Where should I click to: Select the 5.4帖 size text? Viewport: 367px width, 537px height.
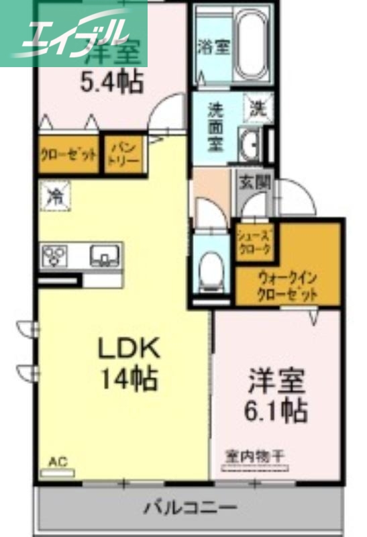coord(112,82)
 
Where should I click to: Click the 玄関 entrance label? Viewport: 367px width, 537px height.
coord(254,180)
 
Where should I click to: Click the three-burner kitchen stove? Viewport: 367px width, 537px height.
coord(55,256)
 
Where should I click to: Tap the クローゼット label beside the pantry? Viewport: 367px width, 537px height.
coord(68,155)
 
